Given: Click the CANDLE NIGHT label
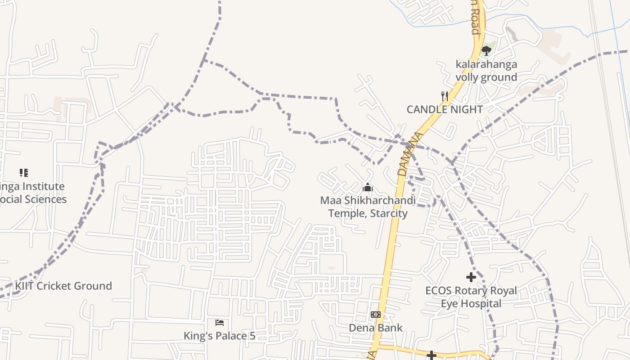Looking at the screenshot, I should (x=445, y=109).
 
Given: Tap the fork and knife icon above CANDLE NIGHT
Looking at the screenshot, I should (x=445, y=96).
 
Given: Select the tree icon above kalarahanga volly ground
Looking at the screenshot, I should (x=486, y=50).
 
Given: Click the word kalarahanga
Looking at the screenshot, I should (x=486, y=64).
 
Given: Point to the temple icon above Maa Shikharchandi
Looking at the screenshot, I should (x=368, y=187).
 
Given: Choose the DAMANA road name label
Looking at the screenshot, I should (x=405, y=154).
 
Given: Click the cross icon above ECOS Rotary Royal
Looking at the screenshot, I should (x=471, y=277).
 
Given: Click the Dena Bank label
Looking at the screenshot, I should (x=376, y=328).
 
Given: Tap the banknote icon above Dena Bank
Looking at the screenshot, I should (x=376, y=315).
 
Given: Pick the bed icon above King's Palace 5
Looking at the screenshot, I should (x=220, y=323).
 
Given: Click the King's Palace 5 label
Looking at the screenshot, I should (x=220, y=336).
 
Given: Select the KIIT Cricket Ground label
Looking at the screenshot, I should (x=63, y=286).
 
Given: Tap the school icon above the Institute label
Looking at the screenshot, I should (x=24, y=173).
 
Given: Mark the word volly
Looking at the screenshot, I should (x=468, y=77).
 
